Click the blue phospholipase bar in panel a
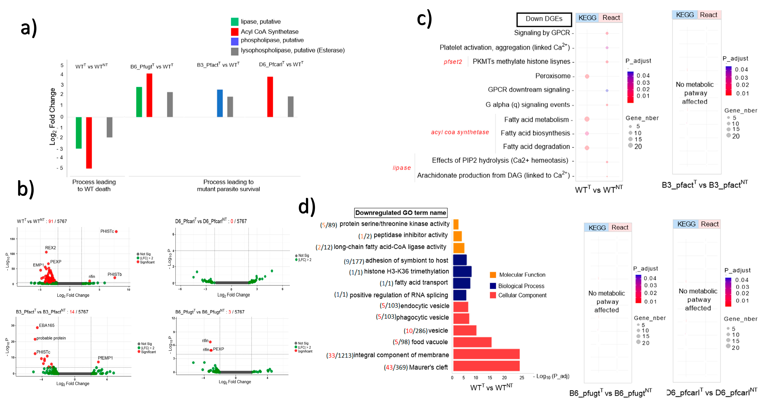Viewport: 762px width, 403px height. [x=220, y=103]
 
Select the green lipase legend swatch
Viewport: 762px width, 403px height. [x=235, y=22]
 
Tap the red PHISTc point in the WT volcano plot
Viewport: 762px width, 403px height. [x=116, y=232]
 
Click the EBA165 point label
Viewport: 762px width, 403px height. [x=47, y=325]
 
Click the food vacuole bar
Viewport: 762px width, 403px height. [x=472, y=342]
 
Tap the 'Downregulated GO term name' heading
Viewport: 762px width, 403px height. [x=401, y=213]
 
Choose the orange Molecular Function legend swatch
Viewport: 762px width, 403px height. [x=493, y=275]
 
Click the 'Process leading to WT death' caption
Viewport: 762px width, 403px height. [x=94, y=185]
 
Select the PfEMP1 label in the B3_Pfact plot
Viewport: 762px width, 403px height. [x=105, y=358]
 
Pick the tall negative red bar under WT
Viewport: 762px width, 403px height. [x=89, y=143]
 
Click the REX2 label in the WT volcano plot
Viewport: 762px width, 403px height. [x=50, y=248]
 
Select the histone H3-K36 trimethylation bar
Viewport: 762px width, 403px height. [x=462, y=271]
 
